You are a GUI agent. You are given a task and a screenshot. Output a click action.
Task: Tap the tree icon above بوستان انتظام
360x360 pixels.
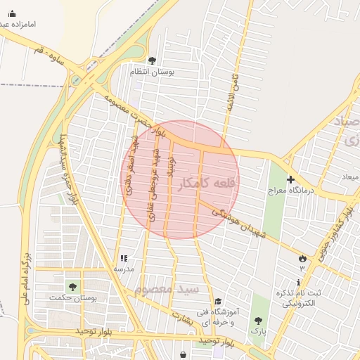pyautogui.click(x=153, y=60)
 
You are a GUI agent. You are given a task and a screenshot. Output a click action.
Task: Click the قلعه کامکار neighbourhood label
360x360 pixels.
pyautogui.click(x=208, y=183)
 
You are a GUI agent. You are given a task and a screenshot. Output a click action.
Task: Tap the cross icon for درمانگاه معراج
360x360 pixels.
pyautogui.click(x=290, y=180)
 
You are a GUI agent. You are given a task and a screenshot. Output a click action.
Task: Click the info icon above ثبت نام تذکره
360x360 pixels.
pyautogui.click(x=298, y=282)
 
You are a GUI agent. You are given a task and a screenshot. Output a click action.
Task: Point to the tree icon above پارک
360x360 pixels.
pyautogui.click(x=258, y=321)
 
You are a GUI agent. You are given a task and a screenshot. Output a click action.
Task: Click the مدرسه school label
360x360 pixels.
pyautogui.click(x=124, y=269)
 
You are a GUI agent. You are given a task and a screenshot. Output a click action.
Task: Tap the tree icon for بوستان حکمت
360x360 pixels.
pyautogui.click(x=72, y=287)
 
